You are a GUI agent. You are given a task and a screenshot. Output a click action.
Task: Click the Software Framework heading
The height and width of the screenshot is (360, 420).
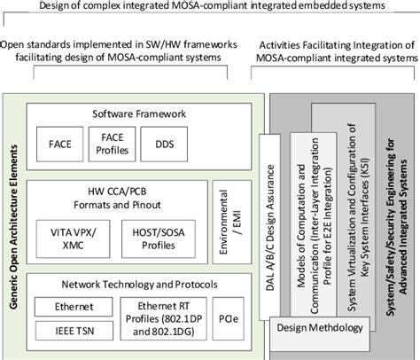(x=138, y=113)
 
